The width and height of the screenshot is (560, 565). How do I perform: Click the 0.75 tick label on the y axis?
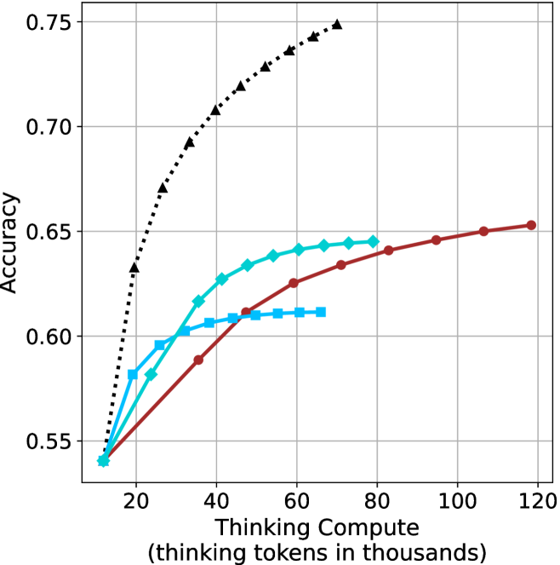(49, 22)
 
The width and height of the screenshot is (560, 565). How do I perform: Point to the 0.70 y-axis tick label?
(49, 127)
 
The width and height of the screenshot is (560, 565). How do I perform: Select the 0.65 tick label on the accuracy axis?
(49, 232)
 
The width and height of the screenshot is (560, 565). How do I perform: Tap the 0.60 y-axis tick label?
(49, 337)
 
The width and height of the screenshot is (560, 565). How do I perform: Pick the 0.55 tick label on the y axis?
(49, 441)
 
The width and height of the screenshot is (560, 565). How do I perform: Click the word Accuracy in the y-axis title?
(11, 243)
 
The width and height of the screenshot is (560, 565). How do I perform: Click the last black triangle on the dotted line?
(337, 25)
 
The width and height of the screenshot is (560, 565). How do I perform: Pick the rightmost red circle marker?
(531, 225)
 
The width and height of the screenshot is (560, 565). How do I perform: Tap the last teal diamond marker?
(373, 241)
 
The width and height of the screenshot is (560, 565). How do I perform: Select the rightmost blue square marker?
(320, 312)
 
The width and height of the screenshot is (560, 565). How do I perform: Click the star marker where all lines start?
(104, 461)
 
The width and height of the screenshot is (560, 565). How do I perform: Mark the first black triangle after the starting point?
(134, 268)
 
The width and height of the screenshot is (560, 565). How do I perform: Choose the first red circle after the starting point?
(198, 360)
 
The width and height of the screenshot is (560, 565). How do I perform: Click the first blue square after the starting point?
(133, 374)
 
